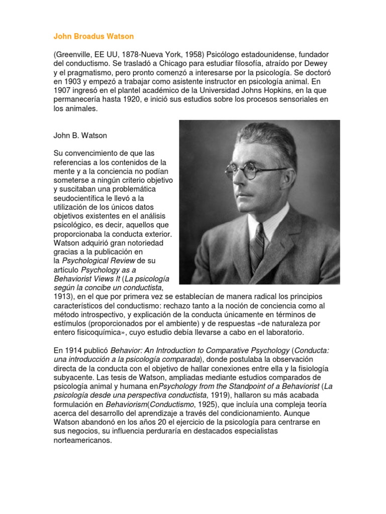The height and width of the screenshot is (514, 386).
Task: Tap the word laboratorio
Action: pos(280,332)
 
